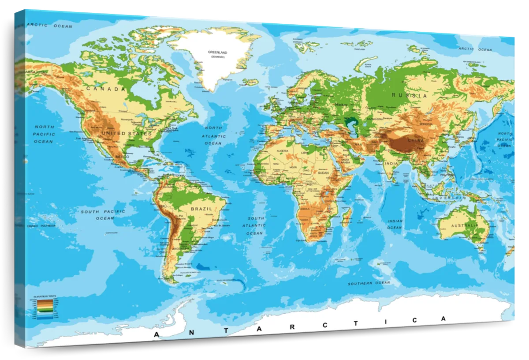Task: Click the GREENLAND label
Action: point(217,52)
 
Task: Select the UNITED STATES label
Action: point(127,133)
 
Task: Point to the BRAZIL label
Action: point(201,208)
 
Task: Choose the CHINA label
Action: point(416,140)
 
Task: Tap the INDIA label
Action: point(391,164)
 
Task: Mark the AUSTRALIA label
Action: point(465,225)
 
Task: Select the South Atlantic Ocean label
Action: point(255,225)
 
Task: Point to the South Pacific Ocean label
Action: point(103,215)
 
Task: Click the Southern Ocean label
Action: point(369,283)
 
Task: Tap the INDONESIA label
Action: point(448,199)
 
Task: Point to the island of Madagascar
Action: point(346,217)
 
